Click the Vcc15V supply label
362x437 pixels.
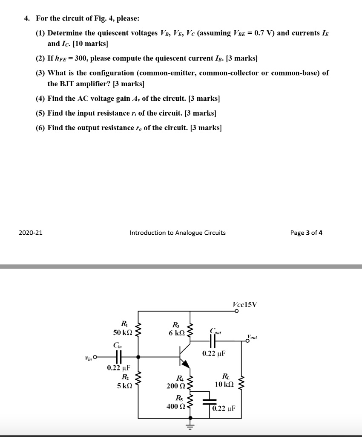click(x=245, y=304)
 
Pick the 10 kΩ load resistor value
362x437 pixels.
click(x=224, y=385)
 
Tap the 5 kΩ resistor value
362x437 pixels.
click(x=124, y=385)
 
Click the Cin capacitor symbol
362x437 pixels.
click(x=120, y=356)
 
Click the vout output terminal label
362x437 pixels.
click(x=252, y=337)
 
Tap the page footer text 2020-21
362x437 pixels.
click(x=30, y=233)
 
